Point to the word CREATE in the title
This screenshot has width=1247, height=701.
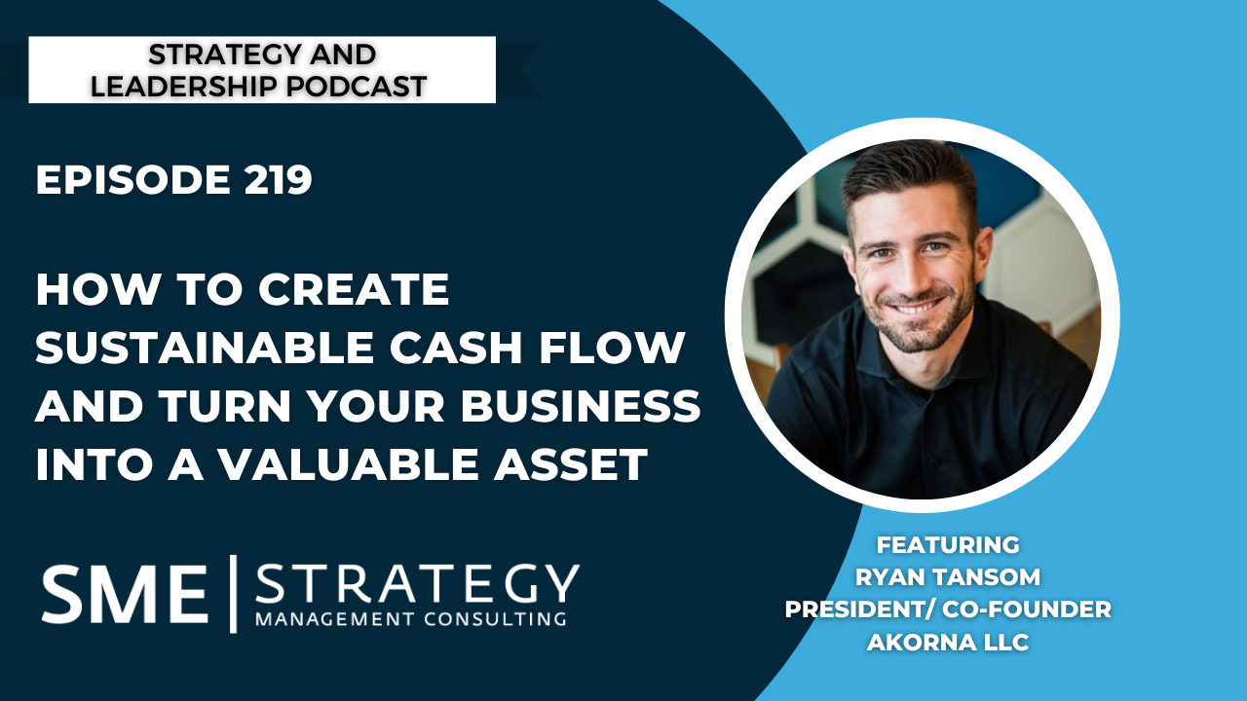(x=354, y=289)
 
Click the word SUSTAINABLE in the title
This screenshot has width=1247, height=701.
(x=205, y=348)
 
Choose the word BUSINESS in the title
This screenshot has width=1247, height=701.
(x=581, y=405)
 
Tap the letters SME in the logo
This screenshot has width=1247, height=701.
(x=125, y=594)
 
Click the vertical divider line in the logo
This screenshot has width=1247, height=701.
(x=233, y=594)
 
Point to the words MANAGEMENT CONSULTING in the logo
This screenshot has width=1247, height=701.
(x=411, y=618)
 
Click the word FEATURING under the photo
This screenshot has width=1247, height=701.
(x=948, y=544)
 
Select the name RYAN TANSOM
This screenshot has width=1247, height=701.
(x=948, y=577)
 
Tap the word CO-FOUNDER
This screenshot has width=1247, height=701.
(x=1027, y=609)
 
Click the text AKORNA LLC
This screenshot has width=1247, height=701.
(x=948, y=642)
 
